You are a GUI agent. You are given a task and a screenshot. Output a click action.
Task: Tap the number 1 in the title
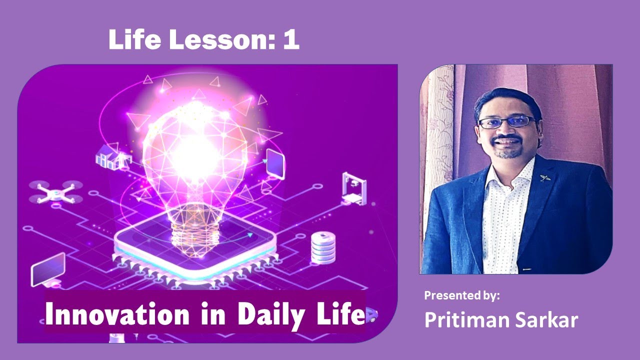[x=290, y=40]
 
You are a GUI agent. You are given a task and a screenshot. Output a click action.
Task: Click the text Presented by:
[x=462, y=295]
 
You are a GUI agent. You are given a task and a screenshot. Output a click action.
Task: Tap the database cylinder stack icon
[x=322, y=248]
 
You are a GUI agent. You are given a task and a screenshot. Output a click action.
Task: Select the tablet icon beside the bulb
[x=275, y=162]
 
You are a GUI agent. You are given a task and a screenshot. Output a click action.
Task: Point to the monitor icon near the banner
[x=48, y=270]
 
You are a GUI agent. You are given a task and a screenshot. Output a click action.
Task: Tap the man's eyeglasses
[x=506, y=121]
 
